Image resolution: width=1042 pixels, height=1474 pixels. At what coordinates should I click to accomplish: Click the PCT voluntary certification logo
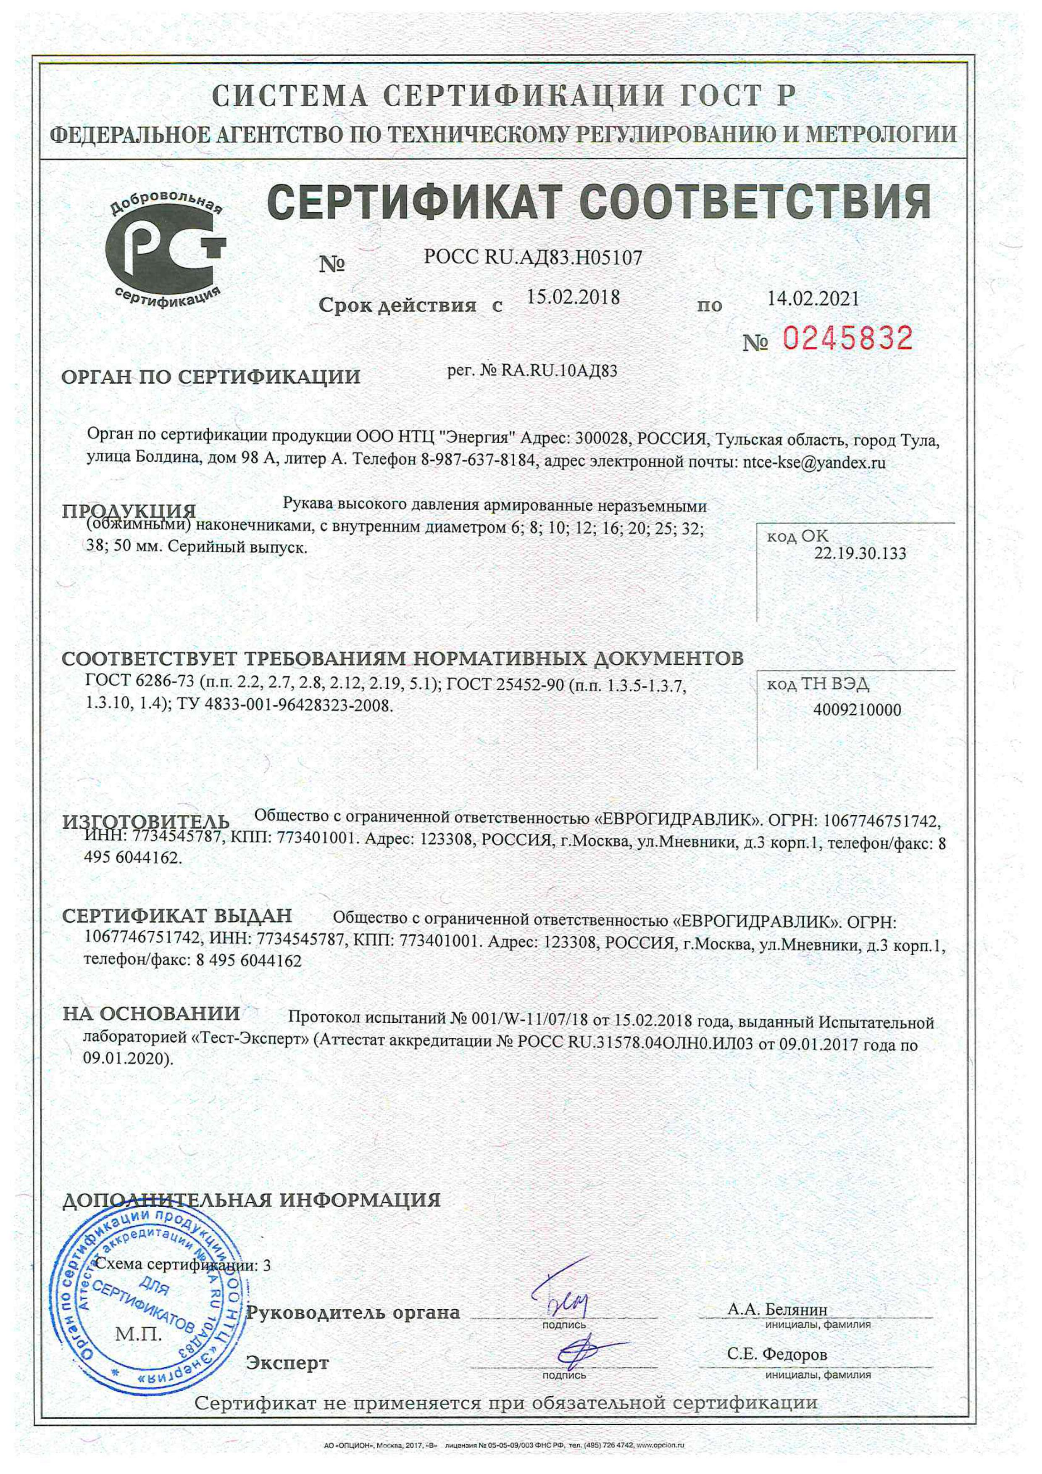166,250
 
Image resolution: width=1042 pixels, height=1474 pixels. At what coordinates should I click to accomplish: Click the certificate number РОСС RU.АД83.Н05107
533,258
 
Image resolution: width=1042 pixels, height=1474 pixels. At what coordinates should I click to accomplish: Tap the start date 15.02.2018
573,297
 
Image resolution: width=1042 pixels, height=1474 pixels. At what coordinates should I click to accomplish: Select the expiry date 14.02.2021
813,298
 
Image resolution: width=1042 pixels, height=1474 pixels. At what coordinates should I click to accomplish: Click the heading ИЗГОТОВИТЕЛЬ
146,822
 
